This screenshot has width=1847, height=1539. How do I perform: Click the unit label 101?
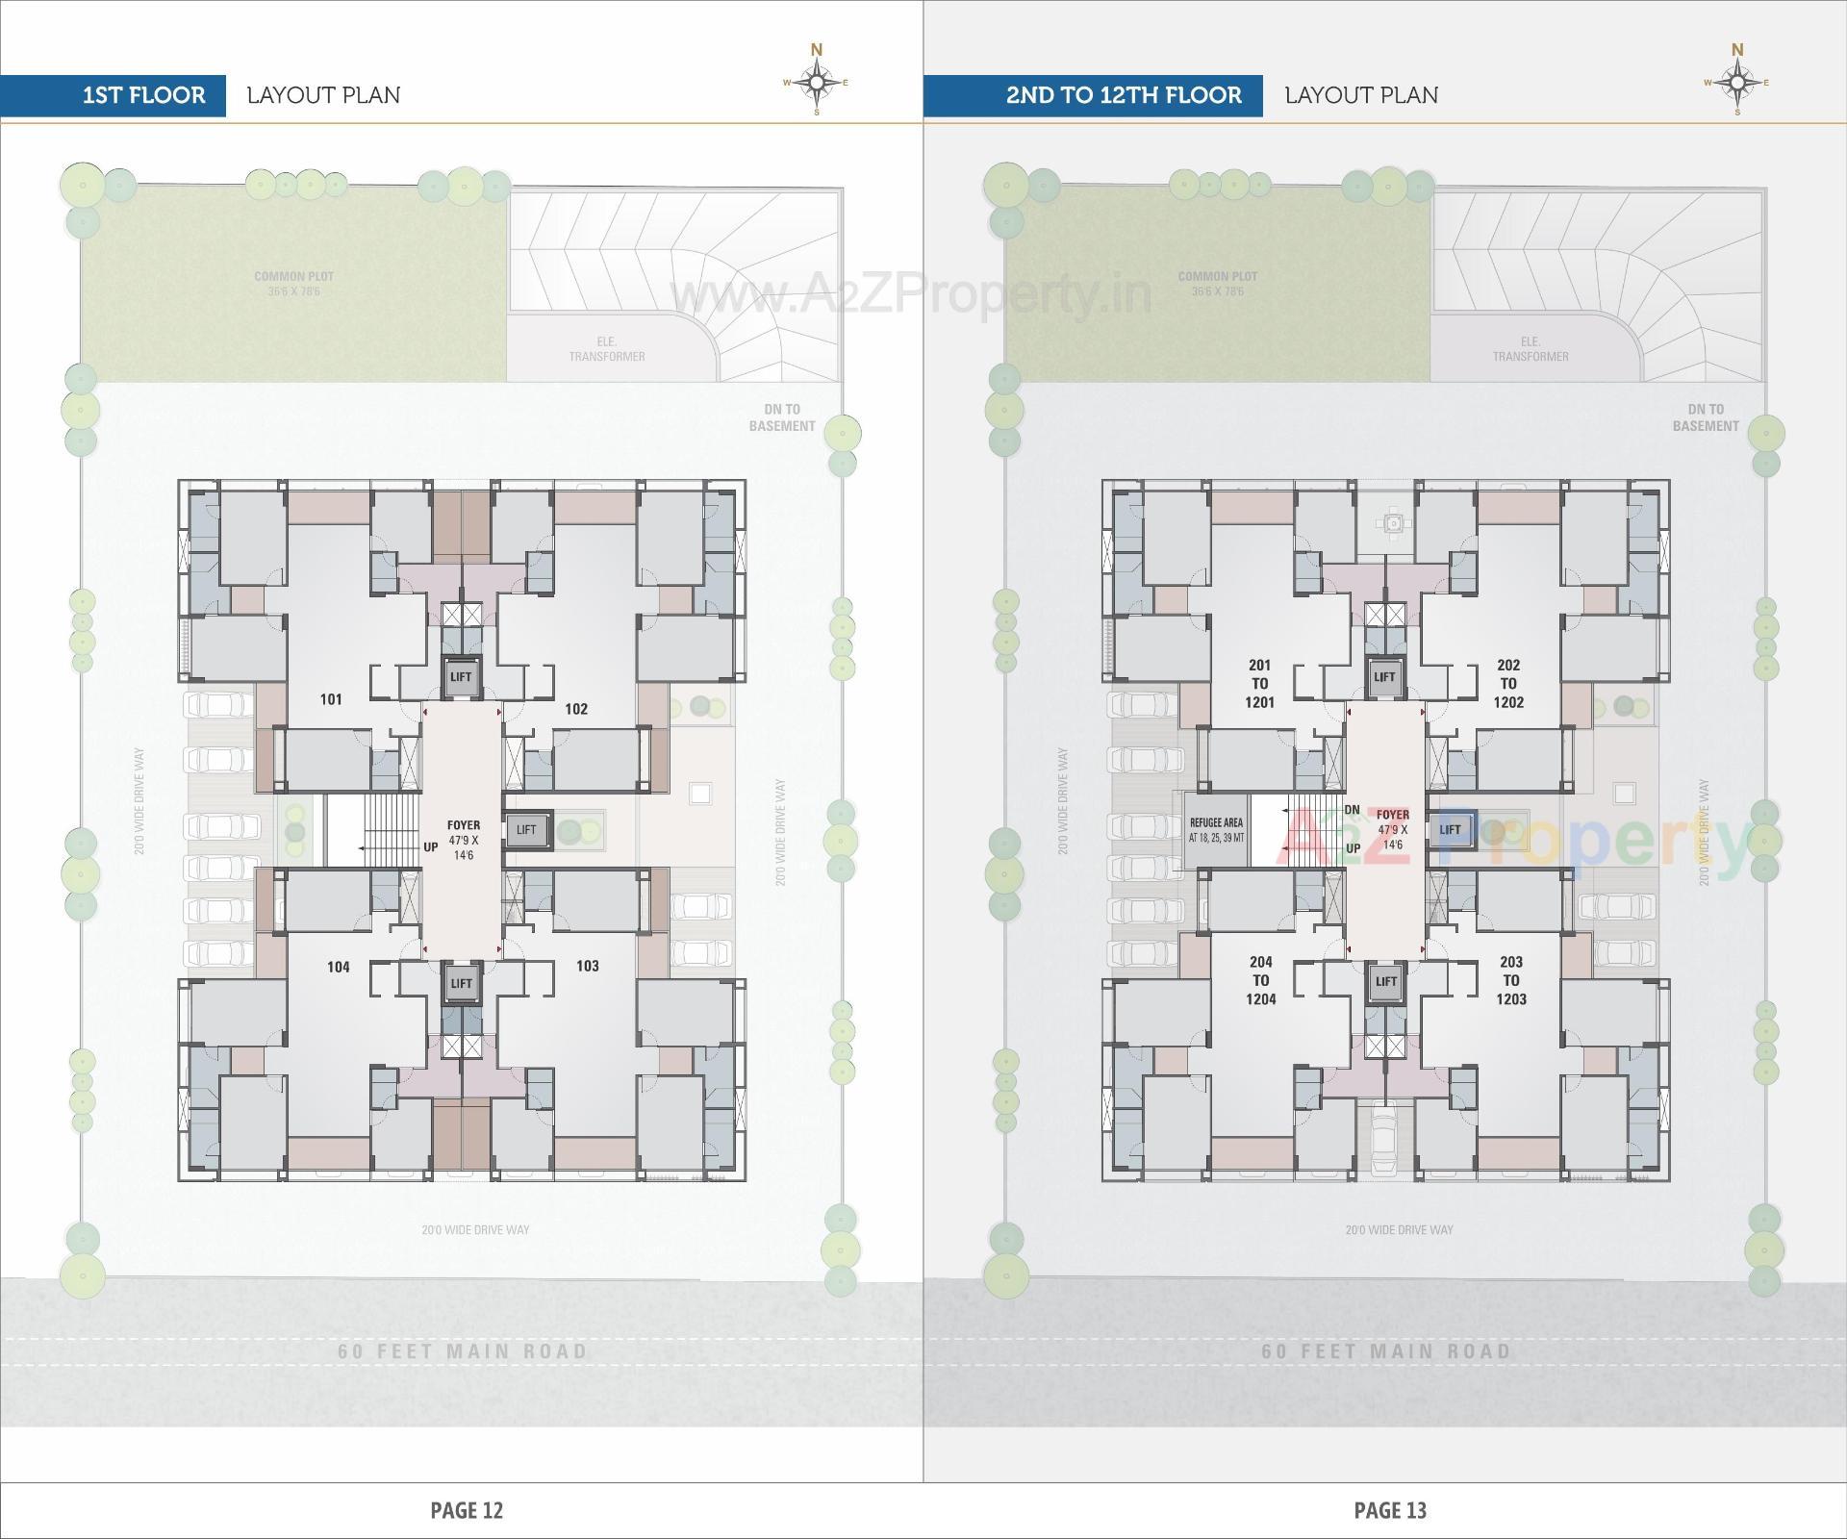(331, 699)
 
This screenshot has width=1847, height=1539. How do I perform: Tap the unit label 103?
(587, 966)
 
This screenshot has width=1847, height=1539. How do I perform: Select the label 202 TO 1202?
(1508, 684)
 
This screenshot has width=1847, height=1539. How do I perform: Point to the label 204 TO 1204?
(1260, 980)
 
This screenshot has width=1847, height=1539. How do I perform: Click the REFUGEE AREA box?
(1216, 830)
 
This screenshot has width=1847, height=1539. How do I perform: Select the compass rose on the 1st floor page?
(817, 83)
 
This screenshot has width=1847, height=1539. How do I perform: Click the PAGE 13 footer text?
(1390, 1510)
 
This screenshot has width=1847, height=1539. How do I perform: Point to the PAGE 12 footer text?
(467, 1510)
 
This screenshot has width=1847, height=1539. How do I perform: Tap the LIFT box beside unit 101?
(461, 677)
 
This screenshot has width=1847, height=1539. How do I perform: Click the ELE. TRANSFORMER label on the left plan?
(606, 349)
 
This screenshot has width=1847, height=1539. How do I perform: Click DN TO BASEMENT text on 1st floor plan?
(782, 417)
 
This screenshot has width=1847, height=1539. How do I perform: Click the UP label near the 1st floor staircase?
(430, 847)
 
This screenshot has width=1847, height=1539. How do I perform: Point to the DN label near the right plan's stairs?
(1352, 810)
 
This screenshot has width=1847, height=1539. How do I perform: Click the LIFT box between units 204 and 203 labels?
(1385, 982)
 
